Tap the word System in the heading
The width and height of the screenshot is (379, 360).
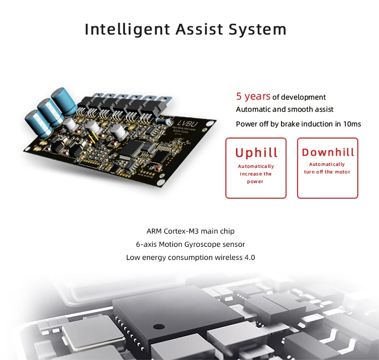click(257, 29)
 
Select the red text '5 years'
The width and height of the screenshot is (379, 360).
click(253, 97)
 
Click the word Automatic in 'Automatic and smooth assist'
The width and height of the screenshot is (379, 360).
click(254, 109)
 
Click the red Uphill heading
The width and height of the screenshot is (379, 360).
click(256, 153)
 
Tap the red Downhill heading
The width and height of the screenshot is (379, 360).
click(328, 152)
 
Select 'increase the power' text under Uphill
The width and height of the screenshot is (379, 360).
click(256, 177)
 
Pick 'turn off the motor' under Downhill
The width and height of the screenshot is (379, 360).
click(327, 172)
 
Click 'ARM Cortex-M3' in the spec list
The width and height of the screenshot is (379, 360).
click(170, 231)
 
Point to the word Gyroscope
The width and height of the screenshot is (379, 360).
click(206, 244)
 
